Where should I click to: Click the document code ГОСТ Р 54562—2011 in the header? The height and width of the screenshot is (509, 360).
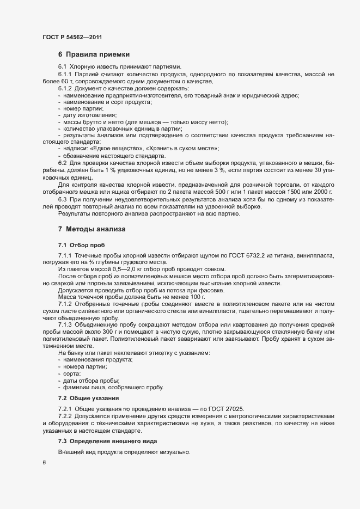pyautogui.click(x=72, y=37)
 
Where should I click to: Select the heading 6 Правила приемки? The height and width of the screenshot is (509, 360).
pyautogui.click(x=94, y=54)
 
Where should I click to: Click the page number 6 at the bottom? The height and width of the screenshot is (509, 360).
pyautogui.click(x=44, y=463)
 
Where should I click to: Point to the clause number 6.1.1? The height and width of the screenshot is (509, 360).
pyautogui.click(x=65, y=73)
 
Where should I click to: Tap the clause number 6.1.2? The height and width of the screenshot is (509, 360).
pyautogui.click(x=65, y=88)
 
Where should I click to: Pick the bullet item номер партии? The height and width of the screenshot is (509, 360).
pyautogui.click(x=80, y=108)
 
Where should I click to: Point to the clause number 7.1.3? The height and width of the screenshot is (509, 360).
pyautogui.click(x=65, y=324)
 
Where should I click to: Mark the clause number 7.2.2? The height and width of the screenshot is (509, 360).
pyautogui.click(x=65, y=416)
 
